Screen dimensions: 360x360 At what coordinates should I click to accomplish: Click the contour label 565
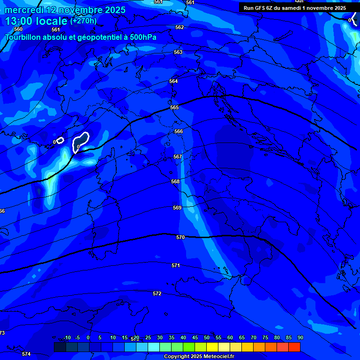click(174, 107)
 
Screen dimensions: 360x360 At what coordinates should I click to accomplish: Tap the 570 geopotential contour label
click(180, 238)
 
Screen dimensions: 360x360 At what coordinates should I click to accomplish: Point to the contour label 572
click(157, 294)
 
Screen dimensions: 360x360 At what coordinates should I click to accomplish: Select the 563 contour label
click(178, 52)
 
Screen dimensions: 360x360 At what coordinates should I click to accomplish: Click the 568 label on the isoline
click(175, 181)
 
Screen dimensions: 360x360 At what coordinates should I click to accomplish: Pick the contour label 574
click(26, 354)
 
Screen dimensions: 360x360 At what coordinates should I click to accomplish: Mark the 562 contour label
click(180, 28)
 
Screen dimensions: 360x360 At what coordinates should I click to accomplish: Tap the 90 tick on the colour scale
click(300, 337)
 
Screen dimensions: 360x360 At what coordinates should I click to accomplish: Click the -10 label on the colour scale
click(67, 337)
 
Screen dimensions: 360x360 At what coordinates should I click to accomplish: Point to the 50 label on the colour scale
click(207, 337)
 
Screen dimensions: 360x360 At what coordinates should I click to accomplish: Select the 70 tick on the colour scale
click(254, 337)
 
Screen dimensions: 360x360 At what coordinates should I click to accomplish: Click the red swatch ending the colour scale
click(294, 347)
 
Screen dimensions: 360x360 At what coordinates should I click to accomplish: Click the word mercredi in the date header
click(24, 10)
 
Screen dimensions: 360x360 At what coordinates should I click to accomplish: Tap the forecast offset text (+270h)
click(83, 21)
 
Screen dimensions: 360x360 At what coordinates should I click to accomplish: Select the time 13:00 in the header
click(18, 21)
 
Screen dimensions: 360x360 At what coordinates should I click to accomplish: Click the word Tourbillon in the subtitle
click(23, 37)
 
